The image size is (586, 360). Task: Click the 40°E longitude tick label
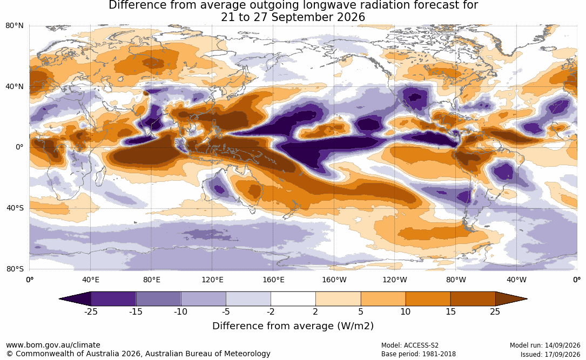tap(91, 280)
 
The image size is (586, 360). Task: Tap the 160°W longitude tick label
tap(334, 280)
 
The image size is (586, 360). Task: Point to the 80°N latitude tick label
tap(14, 26)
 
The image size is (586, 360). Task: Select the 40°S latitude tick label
tap(15, 208)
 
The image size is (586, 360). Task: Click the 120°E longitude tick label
tap(212, 280)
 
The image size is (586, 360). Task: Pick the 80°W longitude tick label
tap(456, 280)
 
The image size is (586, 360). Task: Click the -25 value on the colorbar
tap(91, 311)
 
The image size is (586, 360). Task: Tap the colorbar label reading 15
tap(450, 311)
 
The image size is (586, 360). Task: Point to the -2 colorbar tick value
tap(271, 311)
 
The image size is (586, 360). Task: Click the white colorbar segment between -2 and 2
tap(293, 299)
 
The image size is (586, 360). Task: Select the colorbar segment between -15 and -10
tap(158, 299)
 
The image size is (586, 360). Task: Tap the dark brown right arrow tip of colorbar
tap(526, 299)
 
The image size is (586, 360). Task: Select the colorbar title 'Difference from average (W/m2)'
tap(293, 325)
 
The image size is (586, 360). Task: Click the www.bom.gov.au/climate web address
tap(53, 345)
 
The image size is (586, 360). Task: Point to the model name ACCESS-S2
tap(421, 345)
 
